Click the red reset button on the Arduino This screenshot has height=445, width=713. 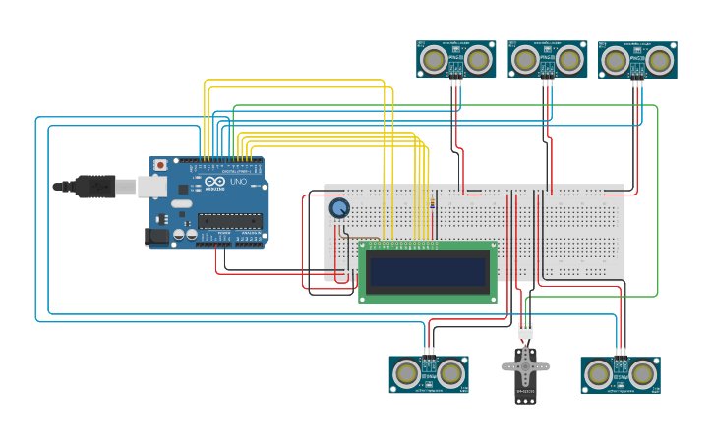[x=159, y=165]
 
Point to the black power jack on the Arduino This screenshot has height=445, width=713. [x=155, y=236]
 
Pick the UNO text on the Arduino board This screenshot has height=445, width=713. [x=238, y=183]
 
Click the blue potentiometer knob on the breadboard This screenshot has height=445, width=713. [x=339, y=208]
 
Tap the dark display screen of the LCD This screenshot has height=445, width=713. [x=428, y=271]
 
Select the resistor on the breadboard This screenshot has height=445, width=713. [x=433, y=204]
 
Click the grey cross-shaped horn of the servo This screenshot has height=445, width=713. [x=525, y=367]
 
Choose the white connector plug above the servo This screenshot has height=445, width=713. [x=526, y=331]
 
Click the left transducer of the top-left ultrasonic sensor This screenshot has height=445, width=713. [x=432, y=61]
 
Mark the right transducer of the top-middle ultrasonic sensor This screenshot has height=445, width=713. [x=569, y=61]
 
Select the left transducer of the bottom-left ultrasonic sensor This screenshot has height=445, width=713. [x=405, y=373]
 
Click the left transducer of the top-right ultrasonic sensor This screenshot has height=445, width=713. [x=615, y=61]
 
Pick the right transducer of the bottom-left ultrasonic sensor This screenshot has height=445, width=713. [x=450, y=373]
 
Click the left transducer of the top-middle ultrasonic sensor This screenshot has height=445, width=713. [x=524, y=61]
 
